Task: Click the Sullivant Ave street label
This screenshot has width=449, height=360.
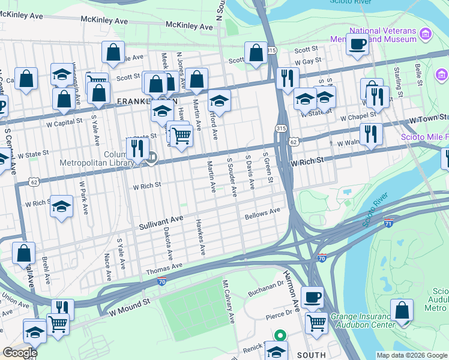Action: [x=160, y=223]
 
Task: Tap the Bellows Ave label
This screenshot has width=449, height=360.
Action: [x=262, y=213]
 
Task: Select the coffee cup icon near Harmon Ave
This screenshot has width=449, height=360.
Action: [x=312, y=296]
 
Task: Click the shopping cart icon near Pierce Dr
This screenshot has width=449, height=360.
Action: [x=316, y=322]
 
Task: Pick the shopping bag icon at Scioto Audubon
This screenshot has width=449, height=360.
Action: [x=402, y=310]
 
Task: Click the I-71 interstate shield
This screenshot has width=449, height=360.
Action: [x=389, y=223]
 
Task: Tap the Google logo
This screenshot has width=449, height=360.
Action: [x=20, y=352]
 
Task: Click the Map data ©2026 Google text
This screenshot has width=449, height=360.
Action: [x=411, y=355]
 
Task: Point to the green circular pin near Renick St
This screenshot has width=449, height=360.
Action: [x=279, y=336]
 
